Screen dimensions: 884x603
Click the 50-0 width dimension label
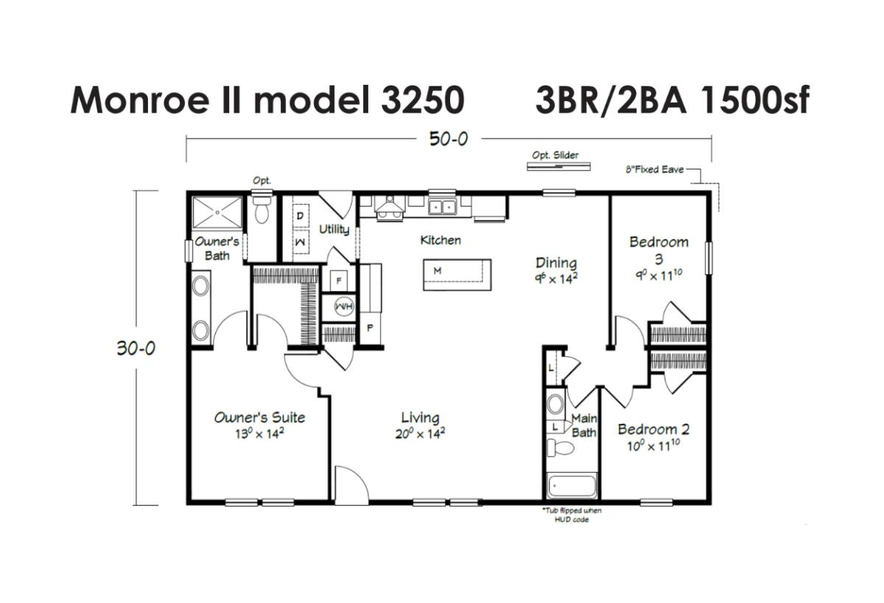click(x=449, y=139)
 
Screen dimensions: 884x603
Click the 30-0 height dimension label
click(x=136, y=348)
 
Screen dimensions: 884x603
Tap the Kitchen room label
click(x=441, y=240)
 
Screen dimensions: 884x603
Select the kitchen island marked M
click(x=457, y=275)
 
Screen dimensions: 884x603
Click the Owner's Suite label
click(x=259, y=417)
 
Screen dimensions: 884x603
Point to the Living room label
click(x=421, y=418)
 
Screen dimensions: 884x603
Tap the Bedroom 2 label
click(x=653, y=429)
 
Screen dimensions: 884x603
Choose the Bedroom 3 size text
click(x=659, y=275)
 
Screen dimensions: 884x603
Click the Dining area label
click(x=556, y=263)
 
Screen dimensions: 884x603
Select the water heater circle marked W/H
click(x=344, y=307)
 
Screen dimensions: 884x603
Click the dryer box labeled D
click(x=301, y=216)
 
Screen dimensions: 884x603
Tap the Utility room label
click(x=334, y=229)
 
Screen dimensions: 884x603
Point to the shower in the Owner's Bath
click(x=217, y=212)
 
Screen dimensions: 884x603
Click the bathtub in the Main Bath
click(x=572, y=486)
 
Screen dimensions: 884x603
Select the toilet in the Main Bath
click(x=561, y=448)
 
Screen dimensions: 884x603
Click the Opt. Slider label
click(x=555, y=156)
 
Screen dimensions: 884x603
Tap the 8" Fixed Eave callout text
click(x=655, y=170)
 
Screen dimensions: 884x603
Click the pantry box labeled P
click(x=370, y=327)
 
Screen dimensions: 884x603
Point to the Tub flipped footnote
click(x=572, y=515)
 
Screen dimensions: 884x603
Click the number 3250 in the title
click(x=423, y=100)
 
